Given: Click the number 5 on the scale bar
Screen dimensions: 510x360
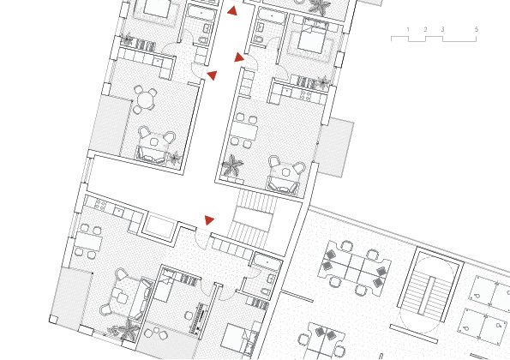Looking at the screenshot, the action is pyautogui.click(x=477, y=29).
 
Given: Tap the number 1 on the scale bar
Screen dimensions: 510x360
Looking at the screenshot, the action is pyautogui.click(x=408, y=30).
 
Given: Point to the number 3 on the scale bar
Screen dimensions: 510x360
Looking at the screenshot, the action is pyautogui.click(x=442, y=29).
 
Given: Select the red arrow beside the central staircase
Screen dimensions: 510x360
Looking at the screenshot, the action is pyautogui.click(x=209, y=220).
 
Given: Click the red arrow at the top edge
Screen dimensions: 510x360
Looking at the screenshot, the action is pyautogui.click(x=232, y=11).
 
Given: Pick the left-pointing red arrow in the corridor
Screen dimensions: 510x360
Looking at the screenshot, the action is pyautogui.click(x=212, y=75).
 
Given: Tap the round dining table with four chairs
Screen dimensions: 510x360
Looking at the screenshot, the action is pyautogui.click(x=146, y=99).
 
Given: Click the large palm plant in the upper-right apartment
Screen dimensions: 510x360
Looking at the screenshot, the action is pyautogui.click(x=232, y=165).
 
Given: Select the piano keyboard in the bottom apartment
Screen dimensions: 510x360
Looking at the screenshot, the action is pyautogui.click(x=201, y=318).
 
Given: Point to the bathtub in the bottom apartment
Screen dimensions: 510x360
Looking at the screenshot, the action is pyautogui.click(x=267, y=261).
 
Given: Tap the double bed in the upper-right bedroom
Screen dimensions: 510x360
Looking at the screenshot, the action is pyautogui.click(x=310, y=39).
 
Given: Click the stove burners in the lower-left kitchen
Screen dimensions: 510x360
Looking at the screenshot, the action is pyautogui.click(x=100, y=205).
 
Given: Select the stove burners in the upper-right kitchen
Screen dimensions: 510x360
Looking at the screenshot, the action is pyautogui.click(x=306, y=95).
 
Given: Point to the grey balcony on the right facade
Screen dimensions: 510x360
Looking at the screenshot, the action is pyautogui.click(x=334, y=148).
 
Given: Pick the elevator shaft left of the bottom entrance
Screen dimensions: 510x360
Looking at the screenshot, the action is pyautogui.click(x=160, y=226).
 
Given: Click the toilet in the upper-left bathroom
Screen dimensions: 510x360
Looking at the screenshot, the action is pyautogui.click(x=202, y=40).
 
